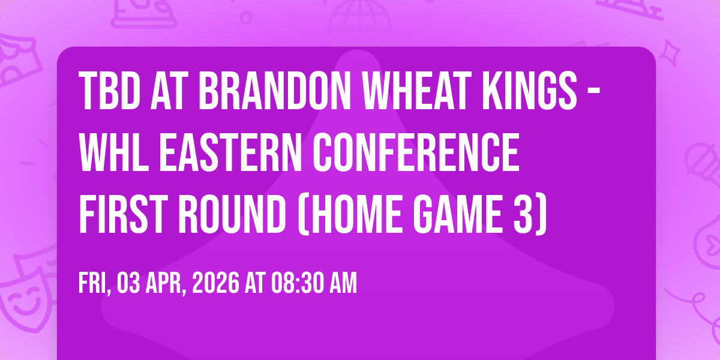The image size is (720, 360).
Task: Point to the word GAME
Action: pyautogui.click(x=458, y=214)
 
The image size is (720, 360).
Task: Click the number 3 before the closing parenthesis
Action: pyautogui.click(x=523, y=214)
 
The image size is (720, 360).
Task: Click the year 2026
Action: pyautogui.click(x=215, y=283)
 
